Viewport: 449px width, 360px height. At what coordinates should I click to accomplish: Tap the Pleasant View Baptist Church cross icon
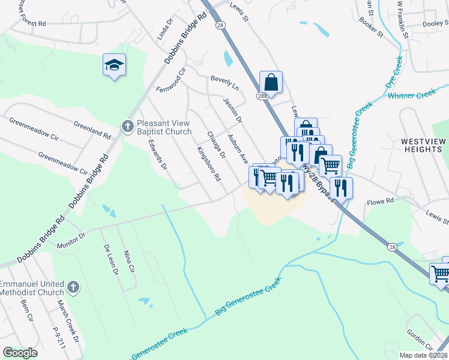(127, 126)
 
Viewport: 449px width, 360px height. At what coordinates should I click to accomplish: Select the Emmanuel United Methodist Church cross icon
(73, 287)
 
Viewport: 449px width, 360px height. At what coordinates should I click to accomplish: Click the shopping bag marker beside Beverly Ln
(271, 83)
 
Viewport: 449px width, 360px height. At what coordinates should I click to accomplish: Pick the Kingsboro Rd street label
(209, 163)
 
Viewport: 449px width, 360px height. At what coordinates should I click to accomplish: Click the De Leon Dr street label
(110, 260)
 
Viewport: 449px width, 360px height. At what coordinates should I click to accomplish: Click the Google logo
(20, 353)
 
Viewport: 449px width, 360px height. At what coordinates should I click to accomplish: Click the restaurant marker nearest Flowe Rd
(341, 187)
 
